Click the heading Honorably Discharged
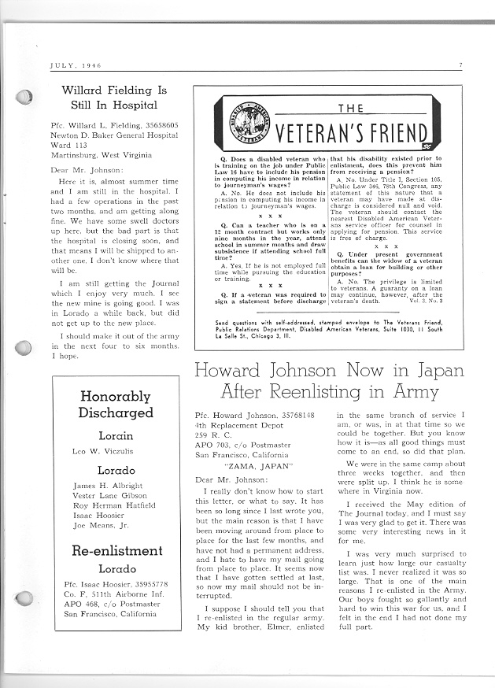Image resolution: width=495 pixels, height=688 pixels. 116,405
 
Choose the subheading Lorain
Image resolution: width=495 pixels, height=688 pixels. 116,435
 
